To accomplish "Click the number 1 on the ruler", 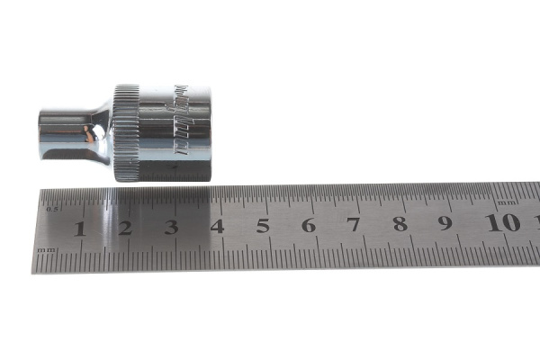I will [79, 227].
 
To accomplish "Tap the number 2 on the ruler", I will [125, 227].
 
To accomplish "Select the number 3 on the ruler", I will [171, 227].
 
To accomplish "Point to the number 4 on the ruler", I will [217, 226].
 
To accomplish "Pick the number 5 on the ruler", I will [263, 226].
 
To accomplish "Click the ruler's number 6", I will [309, 225].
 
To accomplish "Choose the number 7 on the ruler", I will [354, 225].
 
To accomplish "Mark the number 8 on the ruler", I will [400, 224].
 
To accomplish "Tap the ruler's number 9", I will [445, 223].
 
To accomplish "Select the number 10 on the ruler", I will [502, 222].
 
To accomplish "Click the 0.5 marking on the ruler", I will [51, 209].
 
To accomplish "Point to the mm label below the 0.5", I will [47, 248].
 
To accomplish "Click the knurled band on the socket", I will [127, 132].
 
